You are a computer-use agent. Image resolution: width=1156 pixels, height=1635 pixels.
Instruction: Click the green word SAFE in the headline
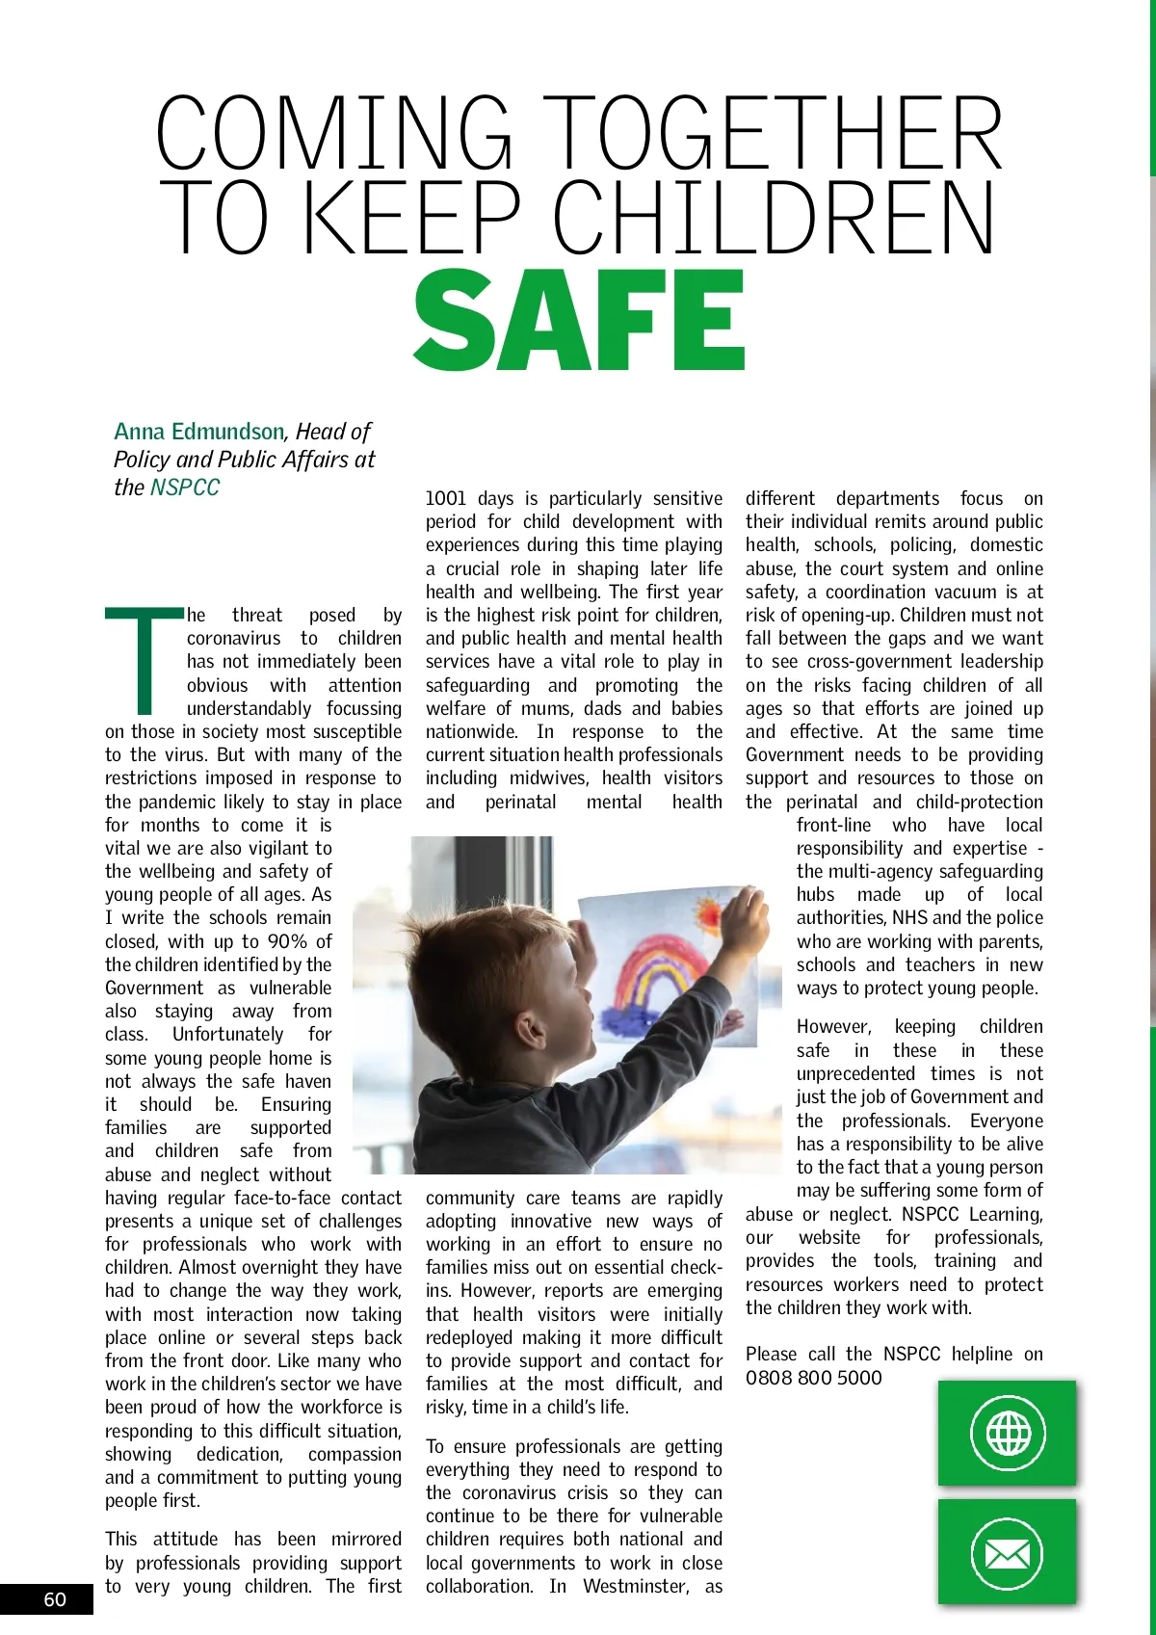pyautogui.click(x=579, y=321)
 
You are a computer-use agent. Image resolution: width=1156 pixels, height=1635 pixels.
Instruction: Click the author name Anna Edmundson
pyautogui.click(x=198, y=432)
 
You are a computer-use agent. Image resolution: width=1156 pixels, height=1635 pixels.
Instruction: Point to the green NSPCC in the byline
pyautogui.click(x=185, y=488)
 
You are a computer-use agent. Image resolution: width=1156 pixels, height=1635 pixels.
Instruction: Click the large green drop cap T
pyautogui.click(x=144, y=660)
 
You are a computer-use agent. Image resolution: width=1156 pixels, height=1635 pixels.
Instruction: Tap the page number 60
pyautogui.click(x=55, y=1599)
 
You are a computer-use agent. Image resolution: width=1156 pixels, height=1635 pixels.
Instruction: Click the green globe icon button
pyautogui.click(x=1007, y=1433)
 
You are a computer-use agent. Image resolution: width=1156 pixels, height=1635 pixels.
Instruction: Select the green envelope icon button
pyautogui.click(x=1007, y=1551)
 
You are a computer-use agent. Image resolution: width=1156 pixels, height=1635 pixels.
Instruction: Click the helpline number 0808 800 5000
pyautogui.click(x=813, y=1378)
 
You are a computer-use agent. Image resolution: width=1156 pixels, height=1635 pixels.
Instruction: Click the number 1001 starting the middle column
pyautogui.click(x=445, y=499)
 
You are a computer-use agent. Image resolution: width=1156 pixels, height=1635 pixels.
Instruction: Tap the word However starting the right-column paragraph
pyautogui.click(x=833, y=1027)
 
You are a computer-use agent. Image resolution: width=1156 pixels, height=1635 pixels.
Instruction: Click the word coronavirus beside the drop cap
pyautogui.click(x=233, y=639)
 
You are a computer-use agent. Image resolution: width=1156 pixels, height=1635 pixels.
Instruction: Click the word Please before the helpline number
pyautogui.click(x=771, y=1355)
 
